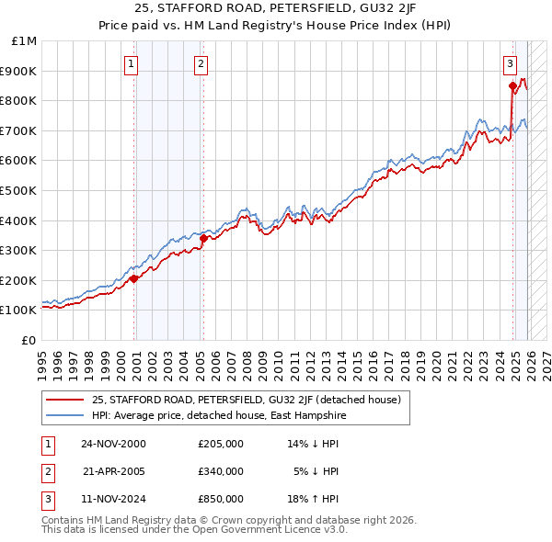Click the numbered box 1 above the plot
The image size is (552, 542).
[132, 63]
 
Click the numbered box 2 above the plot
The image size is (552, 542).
[201, 63]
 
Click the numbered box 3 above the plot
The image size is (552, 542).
[509, 63]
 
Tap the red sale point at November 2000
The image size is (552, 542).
[134, 278]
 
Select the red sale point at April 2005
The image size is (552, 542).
[203, 238]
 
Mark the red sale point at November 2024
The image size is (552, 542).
[512, 85]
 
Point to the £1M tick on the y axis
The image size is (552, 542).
[25, 41]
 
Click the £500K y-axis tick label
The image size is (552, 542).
[20, 191]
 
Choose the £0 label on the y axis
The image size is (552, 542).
[29, 340]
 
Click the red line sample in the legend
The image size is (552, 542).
[64, 401]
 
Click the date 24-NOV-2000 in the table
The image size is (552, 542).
[113, 444]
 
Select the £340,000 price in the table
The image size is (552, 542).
[220, 471]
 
